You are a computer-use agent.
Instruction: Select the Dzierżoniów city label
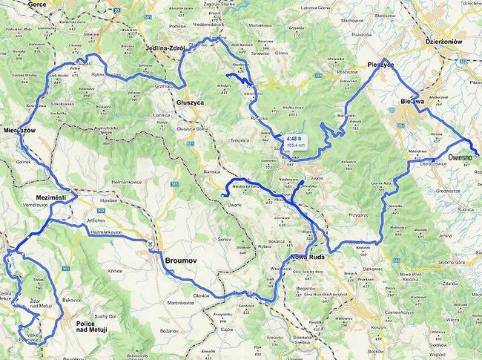pyautogui.click(x=445, y=42)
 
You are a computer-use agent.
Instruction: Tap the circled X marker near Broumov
pyautogui.click(x=151, y=243)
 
